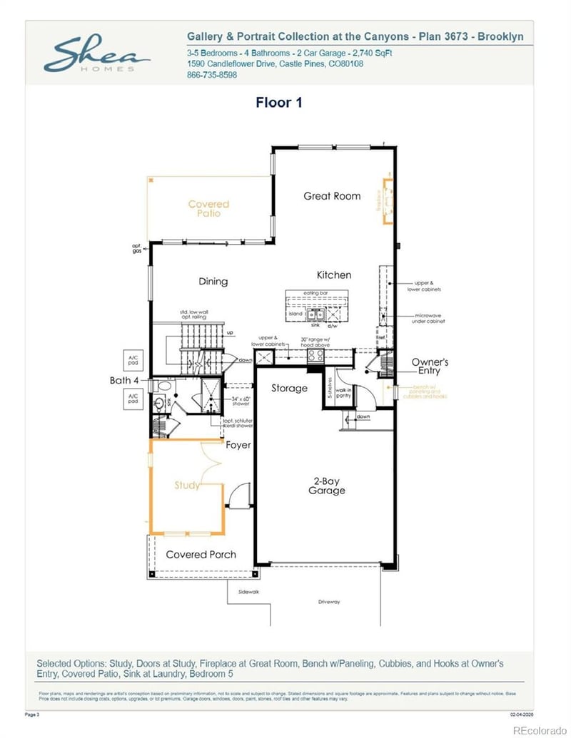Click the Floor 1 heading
279,103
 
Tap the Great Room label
332,196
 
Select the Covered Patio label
209,209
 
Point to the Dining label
213,282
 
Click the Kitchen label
334,275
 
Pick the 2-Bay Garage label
326,486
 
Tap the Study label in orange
187,486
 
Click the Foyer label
238,445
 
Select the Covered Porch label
201,555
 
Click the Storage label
289,389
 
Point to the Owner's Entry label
430,367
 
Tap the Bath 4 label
125,381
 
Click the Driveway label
329,602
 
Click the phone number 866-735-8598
212,75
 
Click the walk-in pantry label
343,392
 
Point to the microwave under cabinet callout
428,318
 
